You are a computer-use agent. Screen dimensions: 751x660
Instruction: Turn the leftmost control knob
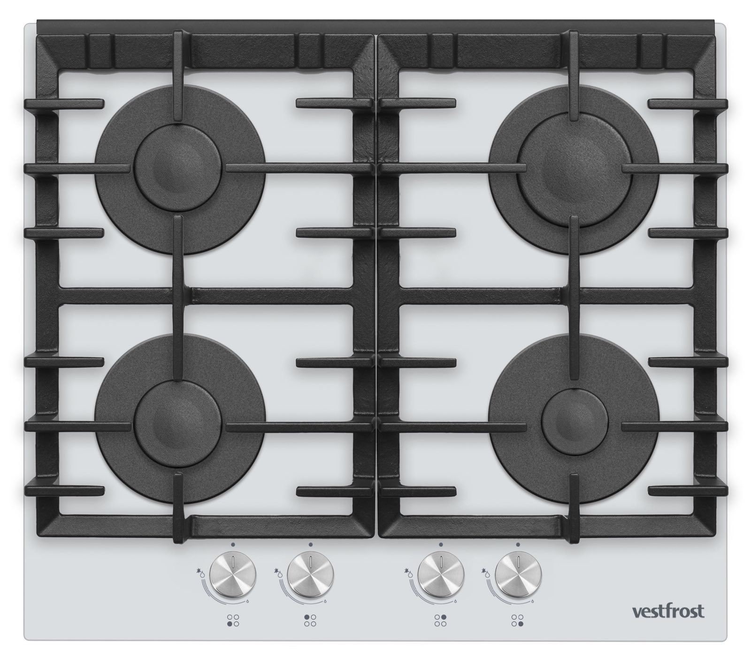pyautogui.click(x=233, y=575)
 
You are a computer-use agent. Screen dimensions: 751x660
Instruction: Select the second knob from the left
pyautogui.click(x=310, y=575)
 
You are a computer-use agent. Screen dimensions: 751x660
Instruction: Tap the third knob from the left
pyautogui.click(x=441, y=575)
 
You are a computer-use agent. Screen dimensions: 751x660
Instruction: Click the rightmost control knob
pyautogui.click(x=518, y=575)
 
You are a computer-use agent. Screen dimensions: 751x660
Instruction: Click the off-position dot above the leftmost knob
pyautogui.click(x=233, y=544)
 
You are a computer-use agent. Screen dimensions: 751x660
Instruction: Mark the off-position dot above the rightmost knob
pyautogui.click(x=518, y=544)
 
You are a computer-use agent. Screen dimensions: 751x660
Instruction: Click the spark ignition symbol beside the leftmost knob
pyautogui.click(x=201, y=572)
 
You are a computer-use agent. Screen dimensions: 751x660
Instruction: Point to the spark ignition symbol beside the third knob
pyautogui.click(x=408, y=572)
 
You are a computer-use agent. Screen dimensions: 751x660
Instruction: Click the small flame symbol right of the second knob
pyautogui.click(x=324, y=600)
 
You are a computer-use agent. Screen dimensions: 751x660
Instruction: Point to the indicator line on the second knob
pyautogui.click(x=310, y=561)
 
